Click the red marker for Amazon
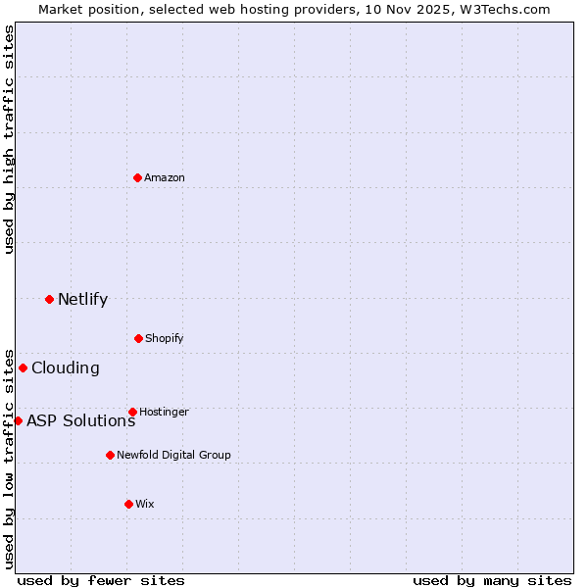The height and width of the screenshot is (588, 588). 137,177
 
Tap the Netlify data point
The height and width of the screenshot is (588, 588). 49,299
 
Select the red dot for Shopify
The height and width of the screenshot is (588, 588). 138,338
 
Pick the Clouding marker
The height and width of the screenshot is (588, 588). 23,367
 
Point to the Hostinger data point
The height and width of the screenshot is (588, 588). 132,412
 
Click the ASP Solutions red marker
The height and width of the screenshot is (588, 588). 18,420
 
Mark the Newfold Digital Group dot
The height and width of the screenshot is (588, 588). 110,455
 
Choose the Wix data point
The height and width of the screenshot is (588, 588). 128,504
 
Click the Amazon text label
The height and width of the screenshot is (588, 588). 165,177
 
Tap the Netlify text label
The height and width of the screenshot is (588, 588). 82,300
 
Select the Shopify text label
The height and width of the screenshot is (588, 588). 165,338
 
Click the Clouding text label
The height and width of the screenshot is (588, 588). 66,368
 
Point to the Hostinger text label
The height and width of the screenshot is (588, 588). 164,412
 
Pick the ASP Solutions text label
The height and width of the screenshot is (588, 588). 80,421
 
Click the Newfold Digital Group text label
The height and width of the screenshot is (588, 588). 173,455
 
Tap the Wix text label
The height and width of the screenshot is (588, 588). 145,504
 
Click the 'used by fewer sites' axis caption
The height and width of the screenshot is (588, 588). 101,580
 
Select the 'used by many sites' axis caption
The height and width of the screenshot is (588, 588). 492,580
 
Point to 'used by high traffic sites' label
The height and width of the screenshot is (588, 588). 9,139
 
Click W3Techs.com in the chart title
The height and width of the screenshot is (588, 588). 503,9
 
